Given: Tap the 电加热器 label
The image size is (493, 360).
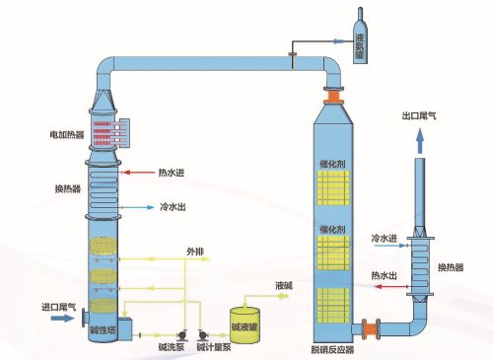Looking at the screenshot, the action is pyautogui.click(x=67, y=134).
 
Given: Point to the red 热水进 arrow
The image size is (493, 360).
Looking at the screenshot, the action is pyautogui.click(x=138, y=172).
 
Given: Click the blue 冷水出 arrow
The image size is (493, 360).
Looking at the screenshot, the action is pyautogui.click(x=137, y=207).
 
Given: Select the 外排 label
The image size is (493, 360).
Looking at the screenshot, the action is pyautogui.click(x=195, y=252).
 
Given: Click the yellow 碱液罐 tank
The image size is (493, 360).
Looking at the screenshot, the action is pyautogui.click(x=245, y=324).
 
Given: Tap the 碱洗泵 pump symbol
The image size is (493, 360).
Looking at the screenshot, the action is pyautogui.click(x=181, y=335).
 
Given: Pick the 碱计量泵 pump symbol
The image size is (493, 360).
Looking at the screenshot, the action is pyautogui.click(x=203, y=335).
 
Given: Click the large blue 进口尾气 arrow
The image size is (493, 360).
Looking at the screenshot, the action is pyautogui.click(x=63, y=318).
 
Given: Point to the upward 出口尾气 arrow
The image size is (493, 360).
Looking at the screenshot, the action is pyautogui.click(x=420, y=141).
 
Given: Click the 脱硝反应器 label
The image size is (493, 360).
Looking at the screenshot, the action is pyautogui.click(x=332, y=350).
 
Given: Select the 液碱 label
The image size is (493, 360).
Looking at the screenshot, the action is pyautogui.click(x=284, y=285).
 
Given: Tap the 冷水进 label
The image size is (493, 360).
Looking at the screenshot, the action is pyautogui.click(x=384, y=238).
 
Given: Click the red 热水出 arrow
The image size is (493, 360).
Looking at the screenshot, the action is pyautogui.click(x=390, y=287).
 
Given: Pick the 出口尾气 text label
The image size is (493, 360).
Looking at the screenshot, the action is pyautogui.click(x=419, y=115).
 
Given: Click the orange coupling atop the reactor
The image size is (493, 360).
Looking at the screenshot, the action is pyautogui.click(x=333, y=97).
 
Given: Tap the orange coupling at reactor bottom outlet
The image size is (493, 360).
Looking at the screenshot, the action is pyautogui.click(x=371, y=328).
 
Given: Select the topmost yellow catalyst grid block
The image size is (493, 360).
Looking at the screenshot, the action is pyautogui.click(x=333, y=187).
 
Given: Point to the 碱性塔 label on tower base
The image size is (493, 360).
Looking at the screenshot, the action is pyautogui.click(x=103, y=329).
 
